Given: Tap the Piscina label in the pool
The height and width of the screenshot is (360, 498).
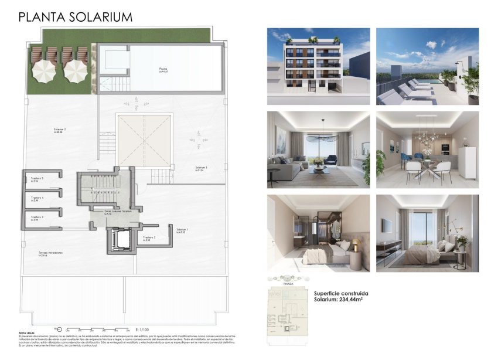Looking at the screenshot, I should point(163,70).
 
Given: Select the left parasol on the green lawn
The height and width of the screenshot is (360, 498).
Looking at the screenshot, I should point(43,71).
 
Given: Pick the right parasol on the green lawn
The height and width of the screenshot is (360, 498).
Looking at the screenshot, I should point(74,71).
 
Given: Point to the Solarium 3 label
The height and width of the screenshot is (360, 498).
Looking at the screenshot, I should point(202,168).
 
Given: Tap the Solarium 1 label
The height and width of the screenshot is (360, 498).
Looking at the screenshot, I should point(182,230).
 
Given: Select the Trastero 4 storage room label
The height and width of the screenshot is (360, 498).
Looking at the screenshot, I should point(38,198).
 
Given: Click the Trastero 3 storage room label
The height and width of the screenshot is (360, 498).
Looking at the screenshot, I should point(38,218).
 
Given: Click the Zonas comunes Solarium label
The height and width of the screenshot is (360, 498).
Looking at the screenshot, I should point(118,211).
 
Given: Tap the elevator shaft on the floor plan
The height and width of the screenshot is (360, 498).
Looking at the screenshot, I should point(121,239).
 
